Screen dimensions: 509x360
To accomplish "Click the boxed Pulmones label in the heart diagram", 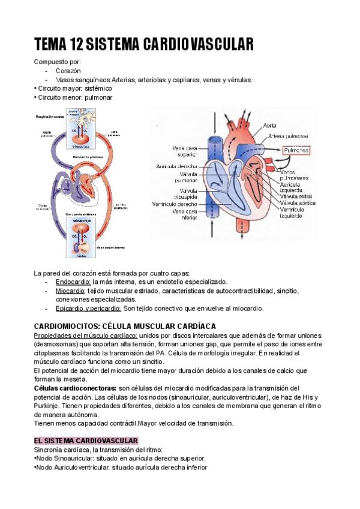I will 296,150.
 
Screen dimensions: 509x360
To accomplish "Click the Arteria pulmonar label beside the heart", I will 286,136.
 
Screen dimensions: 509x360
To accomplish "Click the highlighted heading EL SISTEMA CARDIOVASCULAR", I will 86,441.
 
